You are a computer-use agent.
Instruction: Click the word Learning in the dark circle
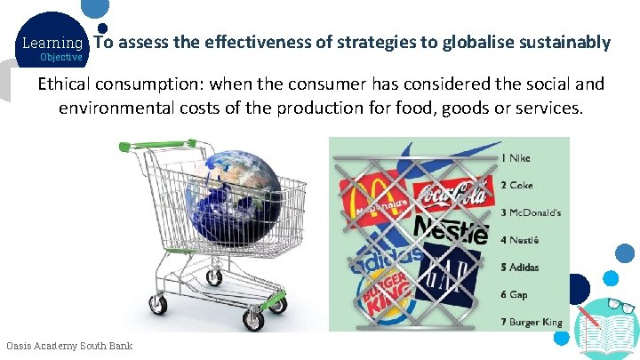[x=52, y=43]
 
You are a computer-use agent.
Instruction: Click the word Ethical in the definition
[x=66, y=84]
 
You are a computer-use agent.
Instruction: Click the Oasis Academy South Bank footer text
[x=69, y=346]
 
